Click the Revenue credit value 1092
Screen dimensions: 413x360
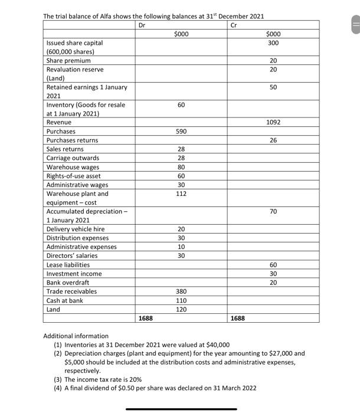[273, 122]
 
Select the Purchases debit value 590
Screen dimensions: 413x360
[182, 131]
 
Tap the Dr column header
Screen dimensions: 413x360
[142, 25]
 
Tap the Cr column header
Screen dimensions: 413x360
[234, 25]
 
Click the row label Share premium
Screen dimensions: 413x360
[68, 61]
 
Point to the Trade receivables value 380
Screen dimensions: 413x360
[182, 291]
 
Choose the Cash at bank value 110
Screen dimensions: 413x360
[182, 300]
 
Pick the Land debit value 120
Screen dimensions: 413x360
[182, 309]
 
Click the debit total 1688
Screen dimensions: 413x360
[145, 318]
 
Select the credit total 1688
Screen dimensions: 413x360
[237, 318]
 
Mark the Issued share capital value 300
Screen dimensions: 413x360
[273, 43]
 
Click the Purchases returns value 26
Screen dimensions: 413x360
[273, 140]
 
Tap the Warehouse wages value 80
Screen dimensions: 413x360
[182, 167]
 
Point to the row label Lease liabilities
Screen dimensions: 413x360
[68, 265]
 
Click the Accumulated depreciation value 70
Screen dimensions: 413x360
[273, 211]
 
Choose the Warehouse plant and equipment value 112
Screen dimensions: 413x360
[182, 194]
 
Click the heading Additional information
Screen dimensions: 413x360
[76, 336]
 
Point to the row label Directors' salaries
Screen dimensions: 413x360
[71, 255]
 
